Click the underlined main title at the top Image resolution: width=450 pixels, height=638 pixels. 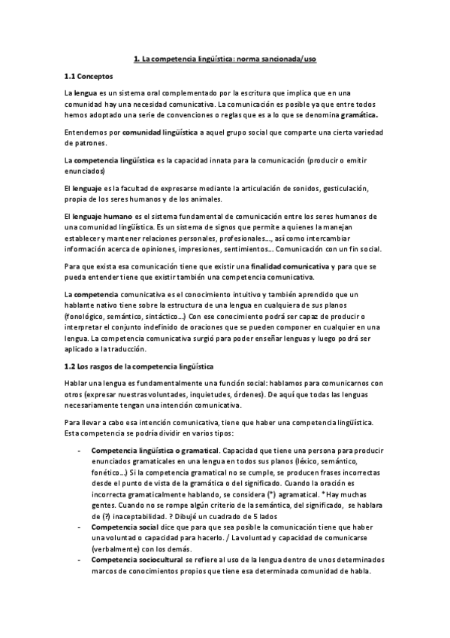(x=224, y=56)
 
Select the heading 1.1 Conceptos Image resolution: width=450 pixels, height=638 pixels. (x=89, y=76)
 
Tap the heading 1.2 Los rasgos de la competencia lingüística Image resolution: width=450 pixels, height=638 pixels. (x=140, y=366)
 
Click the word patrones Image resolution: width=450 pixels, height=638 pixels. (x=82, y=144)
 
